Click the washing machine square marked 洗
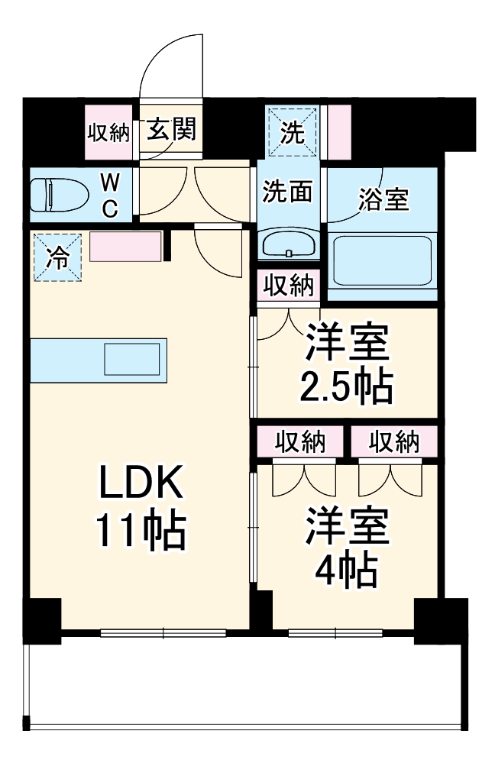(293, 131)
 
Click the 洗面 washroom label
(288, 192)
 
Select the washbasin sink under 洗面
(289, 244)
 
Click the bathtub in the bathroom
(383, 260)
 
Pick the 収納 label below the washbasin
(289, 286)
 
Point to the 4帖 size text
(348, 567)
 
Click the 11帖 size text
(140, 532)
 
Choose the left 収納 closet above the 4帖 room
(300, 441)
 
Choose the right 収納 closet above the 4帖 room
(394, 441)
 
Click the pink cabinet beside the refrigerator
(125, 247)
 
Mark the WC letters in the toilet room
(110, 195)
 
